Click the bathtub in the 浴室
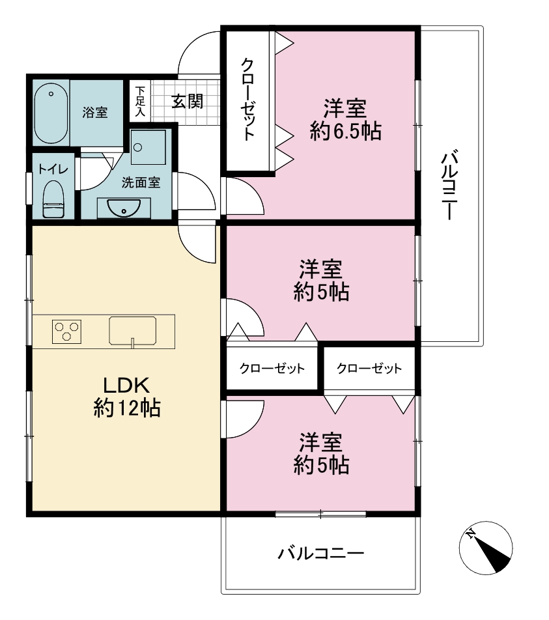click(x=51, y=113)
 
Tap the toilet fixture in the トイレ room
click(x=53, y=199)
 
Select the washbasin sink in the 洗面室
click(x=124, y=208)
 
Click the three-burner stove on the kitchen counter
click(x=66, y=331)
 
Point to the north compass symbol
click(x=486, y=548)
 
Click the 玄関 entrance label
click(x=188, y=102)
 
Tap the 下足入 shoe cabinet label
click(x=141, y=102)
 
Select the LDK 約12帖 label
click(x=126, y=397)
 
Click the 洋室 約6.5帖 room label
click(x=346, y=120)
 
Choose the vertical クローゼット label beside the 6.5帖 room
click(x=248, y=99)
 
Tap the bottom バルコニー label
click(x=321, y=553)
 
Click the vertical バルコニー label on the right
click(x=449, y=184)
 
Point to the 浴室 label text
click(x=95, y=112)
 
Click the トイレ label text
click(x=53, y=169)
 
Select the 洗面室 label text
click(x=141, y=182)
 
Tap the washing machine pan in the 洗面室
click(x=148, y=147)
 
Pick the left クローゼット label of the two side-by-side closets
click(x=272, y=369)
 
